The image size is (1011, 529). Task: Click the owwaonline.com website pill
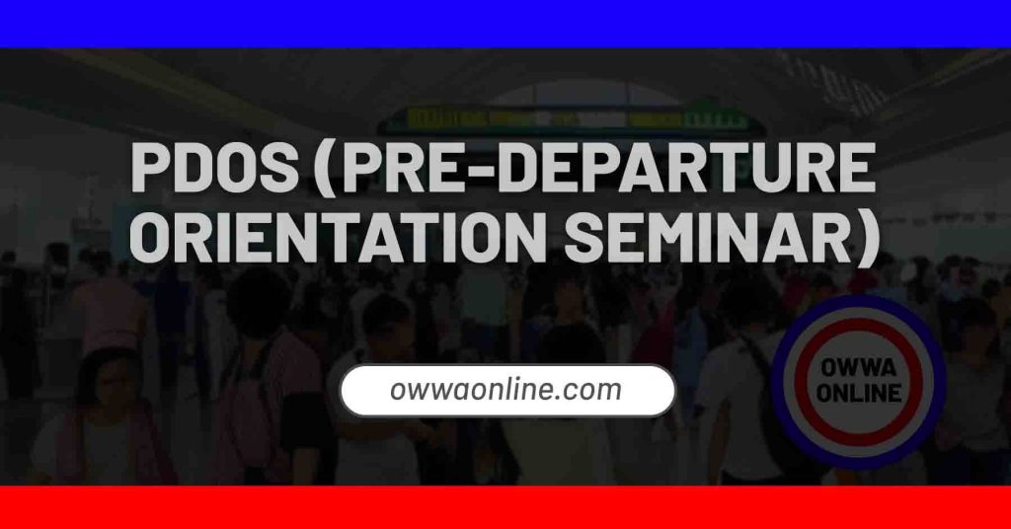click(x=507, y=390)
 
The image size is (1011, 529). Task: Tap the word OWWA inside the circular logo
click(x=858, y=368)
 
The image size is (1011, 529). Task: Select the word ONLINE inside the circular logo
click(x=858, y=392)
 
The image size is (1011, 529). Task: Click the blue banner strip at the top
click(x=505, y=23)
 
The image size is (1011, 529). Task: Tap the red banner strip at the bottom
click(x=505, y=507)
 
